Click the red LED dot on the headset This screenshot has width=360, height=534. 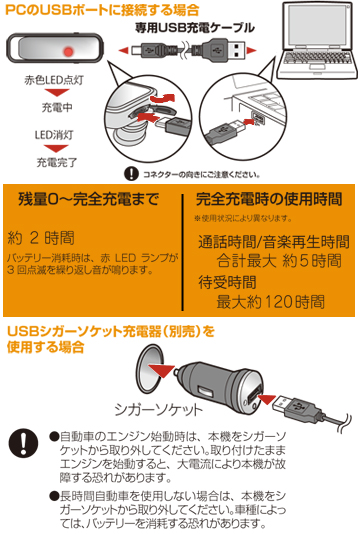(x=68, y=52)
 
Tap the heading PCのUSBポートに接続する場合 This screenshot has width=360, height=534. (x=102, y=10)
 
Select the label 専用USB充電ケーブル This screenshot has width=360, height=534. (x=194, y=28)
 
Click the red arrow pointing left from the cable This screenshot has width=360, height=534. (x=124, y=51)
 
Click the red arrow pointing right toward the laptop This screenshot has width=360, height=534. (x=251, y=51)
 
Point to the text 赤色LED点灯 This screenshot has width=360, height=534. (x=54, y=80)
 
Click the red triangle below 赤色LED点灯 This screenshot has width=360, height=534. (x=57, y=92)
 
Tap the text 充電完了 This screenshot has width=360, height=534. (x=57, y=162)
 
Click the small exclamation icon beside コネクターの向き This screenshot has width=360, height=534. (x=131, y=174)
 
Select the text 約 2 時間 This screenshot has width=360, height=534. (x=41, y=238)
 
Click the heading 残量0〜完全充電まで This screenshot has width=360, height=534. (x=89, y=199)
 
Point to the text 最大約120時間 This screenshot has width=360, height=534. (x=271, y=302)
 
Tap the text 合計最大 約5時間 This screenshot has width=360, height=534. (x=279, y=261)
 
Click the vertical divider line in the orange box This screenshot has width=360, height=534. (x=183, y=252)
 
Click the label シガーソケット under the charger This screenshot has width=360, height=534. (x=159, y=409)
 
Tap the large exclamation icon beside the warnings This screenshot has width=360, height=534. (x=24, y=443)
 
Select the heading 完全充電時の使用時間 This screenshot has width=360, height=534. (x=269, y=199)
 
